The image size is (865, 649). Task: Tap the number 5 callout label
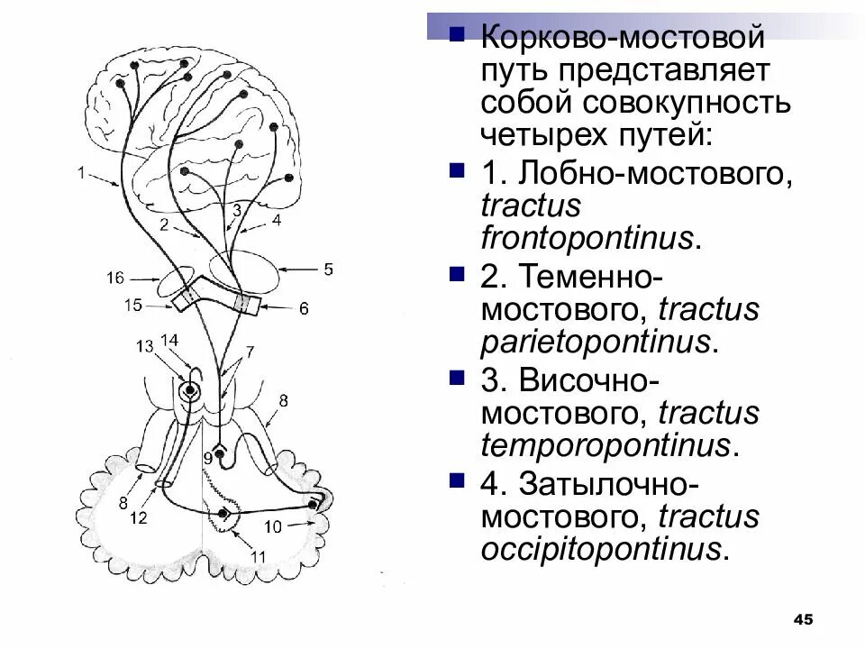(x=329, y=269)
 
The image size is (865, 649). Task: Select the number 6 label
(x=304, y=308)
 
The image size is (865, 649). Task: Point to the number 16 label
(x=114, y=278)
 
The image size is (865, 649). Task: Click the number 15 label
(x=132, y=306)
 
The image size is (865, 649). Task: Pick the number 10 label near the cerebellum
(x=273, y=526)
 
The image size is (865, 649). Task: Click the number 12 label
(x=138, y=517)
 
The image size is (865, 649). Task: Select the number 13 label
(x=145, y=346)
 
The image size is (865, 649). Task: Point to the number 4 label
(x=277, y=219)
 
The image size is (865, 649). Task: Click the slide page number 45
(x=803, y=618)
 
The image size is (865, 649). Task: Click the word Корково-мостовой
(x=623, y=38)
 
